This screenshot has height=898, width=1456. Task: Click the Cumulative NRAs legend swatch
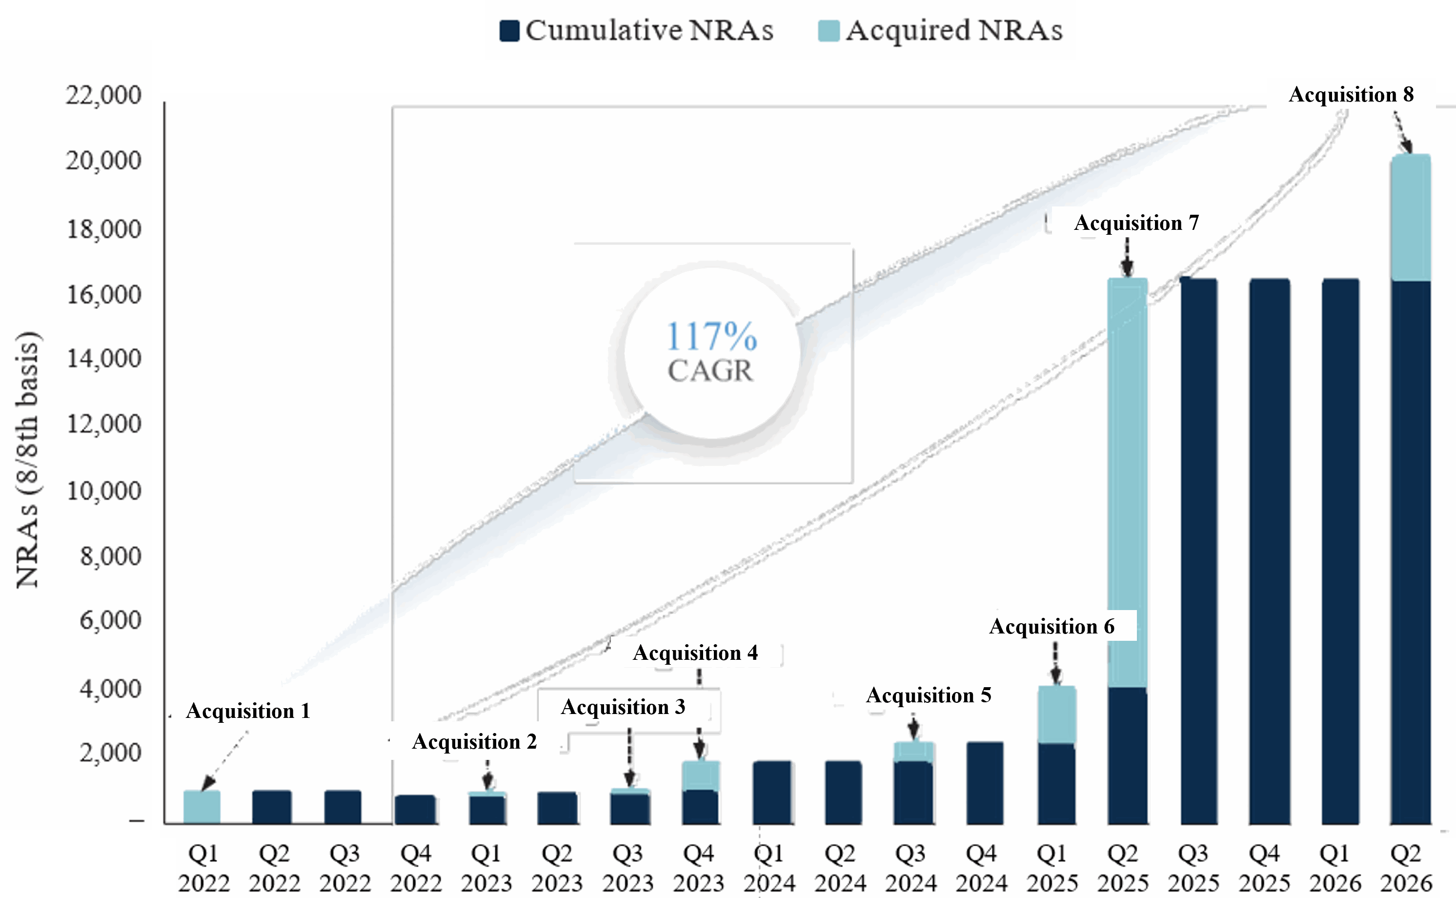[509, 31]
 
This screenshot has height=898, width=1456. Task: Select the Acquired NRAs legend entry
[940, 30]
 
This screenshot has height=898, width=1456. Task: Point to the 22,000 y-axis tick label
[103, 95]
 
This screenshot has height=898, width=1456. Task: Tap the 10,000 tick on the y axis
[103, 490]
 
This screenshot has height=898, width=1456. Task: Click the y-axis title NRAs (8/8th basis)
[27, 460]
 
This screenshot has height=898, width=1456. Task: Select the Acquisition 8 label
[1351, 94]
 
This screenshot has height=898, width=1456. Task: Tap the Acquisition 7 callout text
[1136, 223]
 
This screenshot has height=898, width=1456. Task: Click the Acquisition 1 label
[248, 711]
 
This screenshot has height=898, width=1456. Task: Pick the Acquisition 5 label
[929, 695]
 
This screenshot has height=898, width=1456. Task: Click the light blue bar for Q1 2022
[202, 807]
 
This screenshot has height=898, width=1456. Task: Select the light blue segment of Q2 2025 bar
[1128, 483]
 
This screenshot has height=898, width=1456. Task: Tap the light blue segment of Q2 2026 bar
[1410, 217]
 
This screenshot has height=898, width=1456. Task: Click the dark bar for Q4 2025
[1270, 551]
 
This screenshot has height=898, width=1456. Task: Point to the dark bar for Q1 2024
[772, 792]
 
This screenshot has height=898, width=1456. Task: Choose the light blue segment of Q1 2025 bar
[1057, 714]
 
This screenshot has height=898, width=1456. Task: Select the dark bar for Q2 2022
[272, 807]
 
